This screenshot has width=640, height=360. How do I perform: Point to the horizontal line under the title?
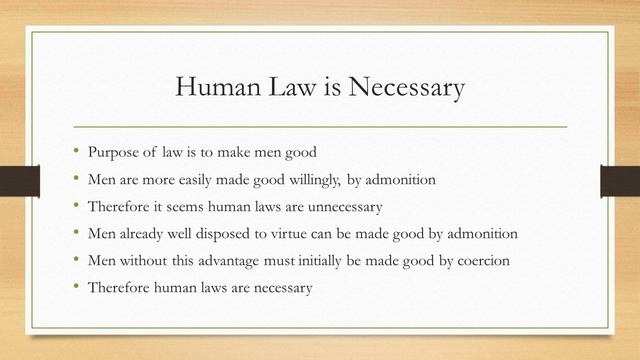[320, 127]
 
